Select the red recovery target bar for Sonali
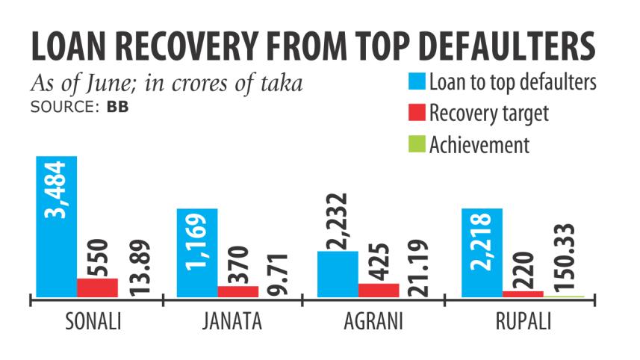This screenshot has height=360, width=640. click(97, 288)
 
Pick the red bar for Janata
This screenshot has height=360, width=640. click(237, 291)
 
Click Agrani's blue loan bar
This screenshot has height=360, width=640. click(337, 273)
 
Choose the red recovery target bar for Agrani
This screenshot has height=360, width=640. click(378, 290)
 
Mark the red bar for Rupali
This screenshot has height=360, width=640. click(523, 294)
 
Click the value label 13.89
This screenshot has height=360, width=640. click(140, 266)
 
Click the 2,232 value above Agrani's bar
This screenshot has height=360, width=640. click(338, 212)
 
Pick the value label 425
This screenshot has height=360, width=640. click(379, 258)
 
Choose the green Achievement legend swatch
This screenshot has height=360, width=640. click(417, 143)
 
